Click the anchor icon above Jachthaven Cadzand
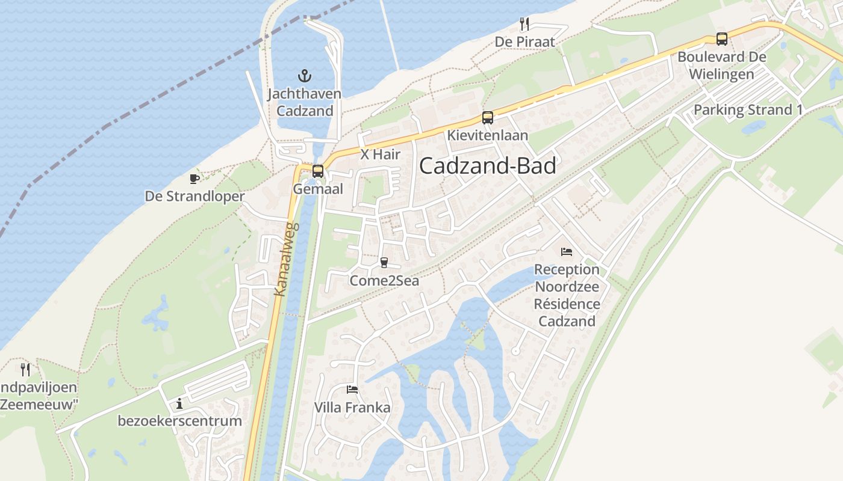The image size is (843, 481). point(305,76)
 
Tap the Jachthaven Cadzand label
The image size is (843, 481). point(304,102)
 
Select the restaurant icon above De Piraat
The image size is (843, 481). point(524,24)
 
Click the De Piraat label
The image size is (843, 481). point(524,41)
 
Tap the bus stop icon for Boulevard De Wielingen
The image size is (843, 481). point(721,39)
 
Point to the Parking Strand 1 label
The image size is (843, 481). point(748,110)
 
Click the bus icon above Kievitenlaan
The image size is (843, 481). point(487,118)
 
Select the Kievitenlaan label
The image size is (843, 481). point(487,135)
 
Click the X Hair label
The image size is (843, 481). point(381,155)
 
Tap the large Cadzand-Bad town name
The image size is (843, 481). point(487,166)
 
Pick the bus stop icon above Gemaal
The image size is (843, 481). point(318,171)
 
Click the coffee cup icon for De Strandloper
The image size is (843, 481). point(194,179)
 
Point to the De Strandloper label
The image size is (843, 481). point(194,197)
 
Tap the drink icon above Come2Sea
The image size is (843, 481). point(384,263)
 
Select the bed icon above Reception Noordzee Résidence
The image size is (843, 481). point(567,252)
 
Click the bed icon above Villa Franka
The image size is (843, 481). point(352,390)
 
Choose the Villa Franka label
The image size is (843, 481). point(352,408)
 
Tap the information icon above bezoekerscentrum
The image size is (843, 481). point(179,403)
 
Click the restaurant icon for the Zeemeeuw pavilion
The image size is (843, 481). point(25,369)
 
